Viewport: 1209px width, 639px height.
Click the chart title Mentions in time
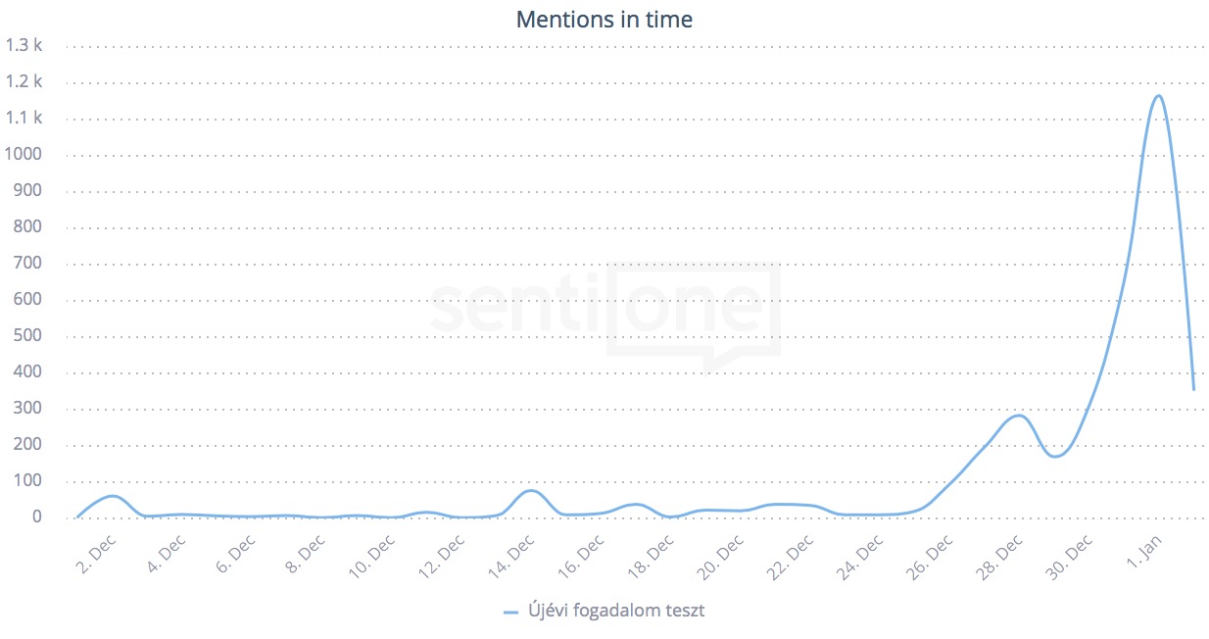(604, 20)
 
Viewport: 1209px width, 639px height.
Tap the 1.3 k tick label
(24, 45)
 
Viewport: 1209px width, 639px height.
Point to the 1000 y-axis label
(24, 155)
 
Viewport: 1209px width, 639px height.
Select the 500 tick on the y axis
(27, 336)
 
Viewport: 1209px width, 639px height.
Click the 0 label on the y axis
(37, 517)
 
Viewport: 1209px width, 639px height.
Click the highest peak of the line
(1159, 95)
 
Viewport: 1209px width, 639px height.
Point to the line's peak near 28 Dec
(1019, 416)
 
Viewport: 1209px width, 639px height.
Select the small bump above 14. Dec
(530, 490)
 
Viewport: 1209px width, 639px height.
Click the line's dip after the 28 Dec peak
(1054, 457)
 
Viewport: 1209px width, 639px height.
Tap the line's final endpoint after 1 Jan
(1193, 389)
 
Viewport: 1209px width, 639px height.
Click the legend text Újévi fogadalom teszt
(615, 611)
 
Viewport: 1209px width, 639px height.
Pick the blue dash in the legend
(510, 612)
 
